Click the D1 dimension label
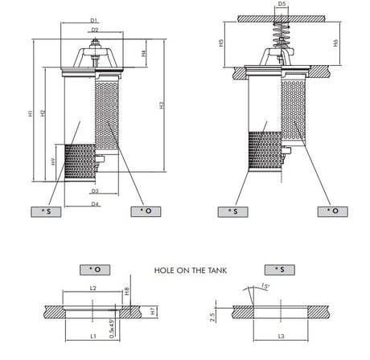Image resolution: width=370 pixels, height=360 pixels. (94, 19)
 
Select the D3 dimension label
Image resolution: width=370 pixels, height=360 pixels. (94, 191)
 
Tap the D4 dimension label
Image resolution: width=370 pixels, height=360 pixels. (94, 204)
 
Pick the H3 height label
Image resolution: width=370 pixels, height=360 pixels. (162, 104)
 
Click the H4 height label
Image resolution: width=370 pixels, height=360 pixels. (142, 55)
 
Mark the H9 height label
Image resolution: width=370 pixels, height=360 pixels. (53, 162)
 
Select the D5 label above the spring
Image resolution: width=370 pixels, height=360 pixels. (281, 4)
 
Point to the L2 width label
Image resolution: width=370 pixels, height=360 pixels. (93, 287)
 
